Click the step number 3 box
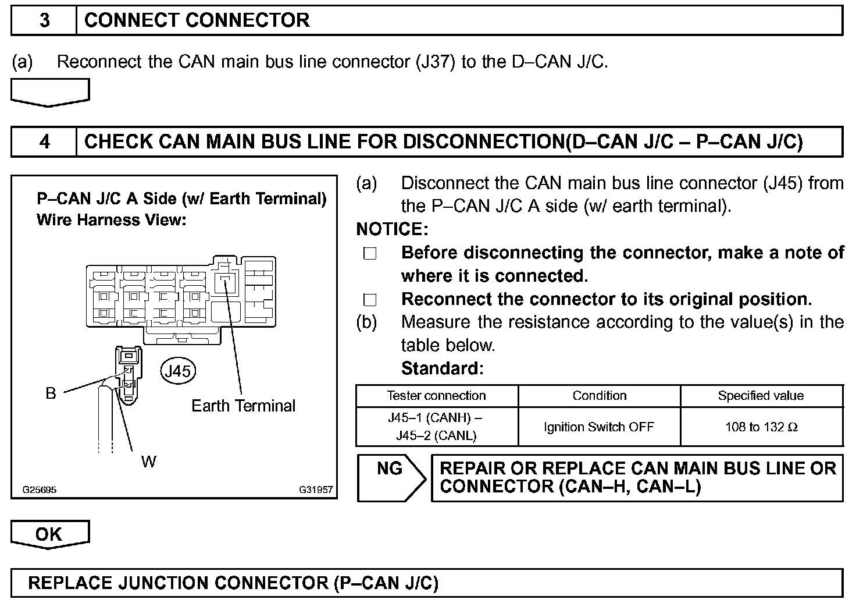click(44, 20)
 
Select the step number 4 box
click(44, 141)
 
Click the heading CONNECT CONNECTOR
click(197, 20)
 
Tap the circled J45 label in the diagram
click(178, 371)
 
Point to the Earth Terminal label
click(243, 406)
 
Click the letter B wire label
click(51, 393)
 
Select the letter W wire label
click(149, 462)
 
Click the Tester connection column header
click(436, 396)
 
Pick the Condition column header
click(600, 396)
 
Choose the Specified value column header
click(761, 396)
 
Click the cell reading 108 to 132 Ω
click(761, 427)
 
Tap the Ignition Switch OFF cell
click(599, 427)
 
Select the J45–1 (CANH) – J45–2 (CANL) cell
click(436, 427)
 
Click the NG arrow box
click(391, 477)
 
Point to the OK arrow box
click(49, 534)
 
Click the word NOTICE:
click(392, 229)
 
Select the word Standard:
click(442, 368)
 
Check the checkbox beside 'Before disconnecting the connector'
click(370, 254)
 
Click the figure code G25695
click(40, 490)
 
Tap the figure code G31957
click(316, 490)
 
